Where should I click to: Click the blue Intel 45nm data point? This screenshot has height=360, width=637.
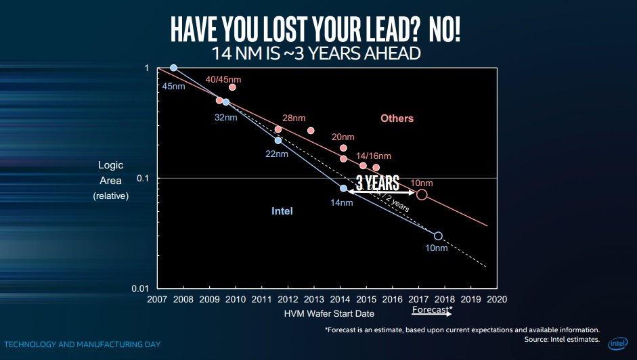[174, 68]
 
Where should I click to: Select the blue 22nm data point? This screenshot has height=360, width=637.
[278, 140]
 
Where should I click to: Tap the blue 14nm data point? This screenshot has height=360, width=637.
[343, 189]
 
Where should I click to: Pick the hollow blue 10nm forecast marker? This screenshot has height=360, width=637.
[438, 236]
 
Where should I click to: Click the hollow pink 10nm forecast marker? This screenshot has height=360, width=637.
[422, 195]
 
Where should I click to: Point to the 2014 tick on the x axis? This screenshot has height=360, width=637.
[340, 298]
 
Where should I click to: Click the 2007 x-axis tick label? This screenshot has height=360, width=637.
[157, 298]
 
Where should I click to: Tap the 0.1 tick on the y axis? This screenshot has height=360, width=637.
[143, 178]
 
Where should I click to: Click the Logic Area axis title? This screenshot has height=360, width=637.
[110, 173]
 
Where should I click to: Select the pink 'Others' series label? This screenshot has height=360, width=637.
[397, 118]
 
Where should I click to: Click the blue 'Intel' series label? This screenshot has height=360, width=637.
[282, 211]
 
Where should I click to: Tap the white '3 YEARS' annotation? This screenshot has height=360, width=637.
[377, 183]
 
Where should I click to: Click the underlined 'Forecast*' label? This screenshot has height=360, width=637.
[432, 311]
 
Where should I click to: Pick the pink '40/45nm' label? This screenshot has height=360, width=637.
[223, 79]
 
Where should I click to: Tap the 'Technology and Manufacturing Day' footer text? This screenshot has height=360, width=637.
[81, 344]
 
